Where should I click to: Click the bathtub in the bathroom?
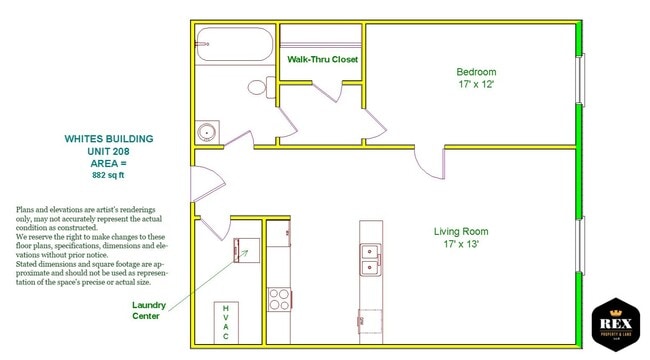click(234, 45)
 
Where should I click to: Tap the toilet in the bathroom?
click(260, 86)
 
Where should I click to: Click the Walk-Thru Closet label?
click(322, 60)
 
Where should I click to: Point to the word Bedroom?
click(476, 72)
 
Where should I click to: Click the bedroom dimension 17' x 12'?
click(476, 85)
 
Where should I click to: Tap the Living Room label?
click(461, 232)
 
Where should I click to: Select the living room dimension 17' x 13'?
click(461, 245)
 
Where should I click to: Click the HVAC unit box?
click(226, 322)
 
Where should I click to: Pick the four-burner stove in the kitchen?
click(278, 297)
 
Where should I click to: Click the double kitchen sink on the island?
click(371, 260)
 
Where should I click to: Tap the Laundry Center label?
click(153, 309)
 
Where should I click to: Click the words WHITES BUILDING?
click(109, 139)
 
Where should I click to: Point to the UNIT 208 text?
click(109, 151)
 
